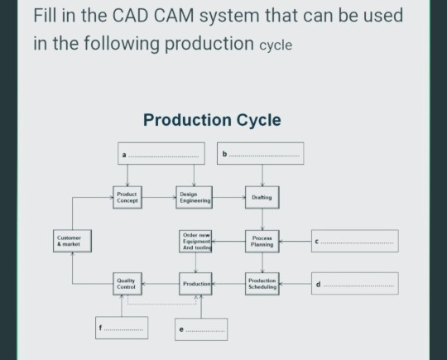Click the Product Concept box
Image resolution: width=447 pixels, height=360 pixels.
[128, 197]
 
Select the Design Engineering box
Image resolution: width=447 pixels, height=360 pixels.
[195, 197]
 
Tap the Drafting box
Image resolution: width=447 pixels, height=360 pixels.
[262, 198]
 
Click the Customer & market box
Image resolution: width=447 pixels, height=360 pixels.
[71, 242]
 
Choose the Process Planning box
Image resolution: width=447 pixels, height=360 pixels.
[262, 241]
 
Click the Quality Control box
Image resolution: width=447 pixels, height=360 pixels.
[128, 284]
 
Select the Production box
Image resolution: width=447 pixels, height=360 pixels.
[195, 284]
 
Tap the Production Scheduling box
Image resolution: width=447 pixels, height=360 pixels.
[262, 284]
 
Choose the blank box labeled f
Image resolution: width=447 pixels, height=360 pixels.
[121, 328]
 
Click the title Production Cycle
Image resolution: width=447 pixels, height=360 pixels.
[212, 121]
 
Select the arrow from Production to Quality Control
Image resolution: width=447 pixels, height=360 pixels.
[161, 284]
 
